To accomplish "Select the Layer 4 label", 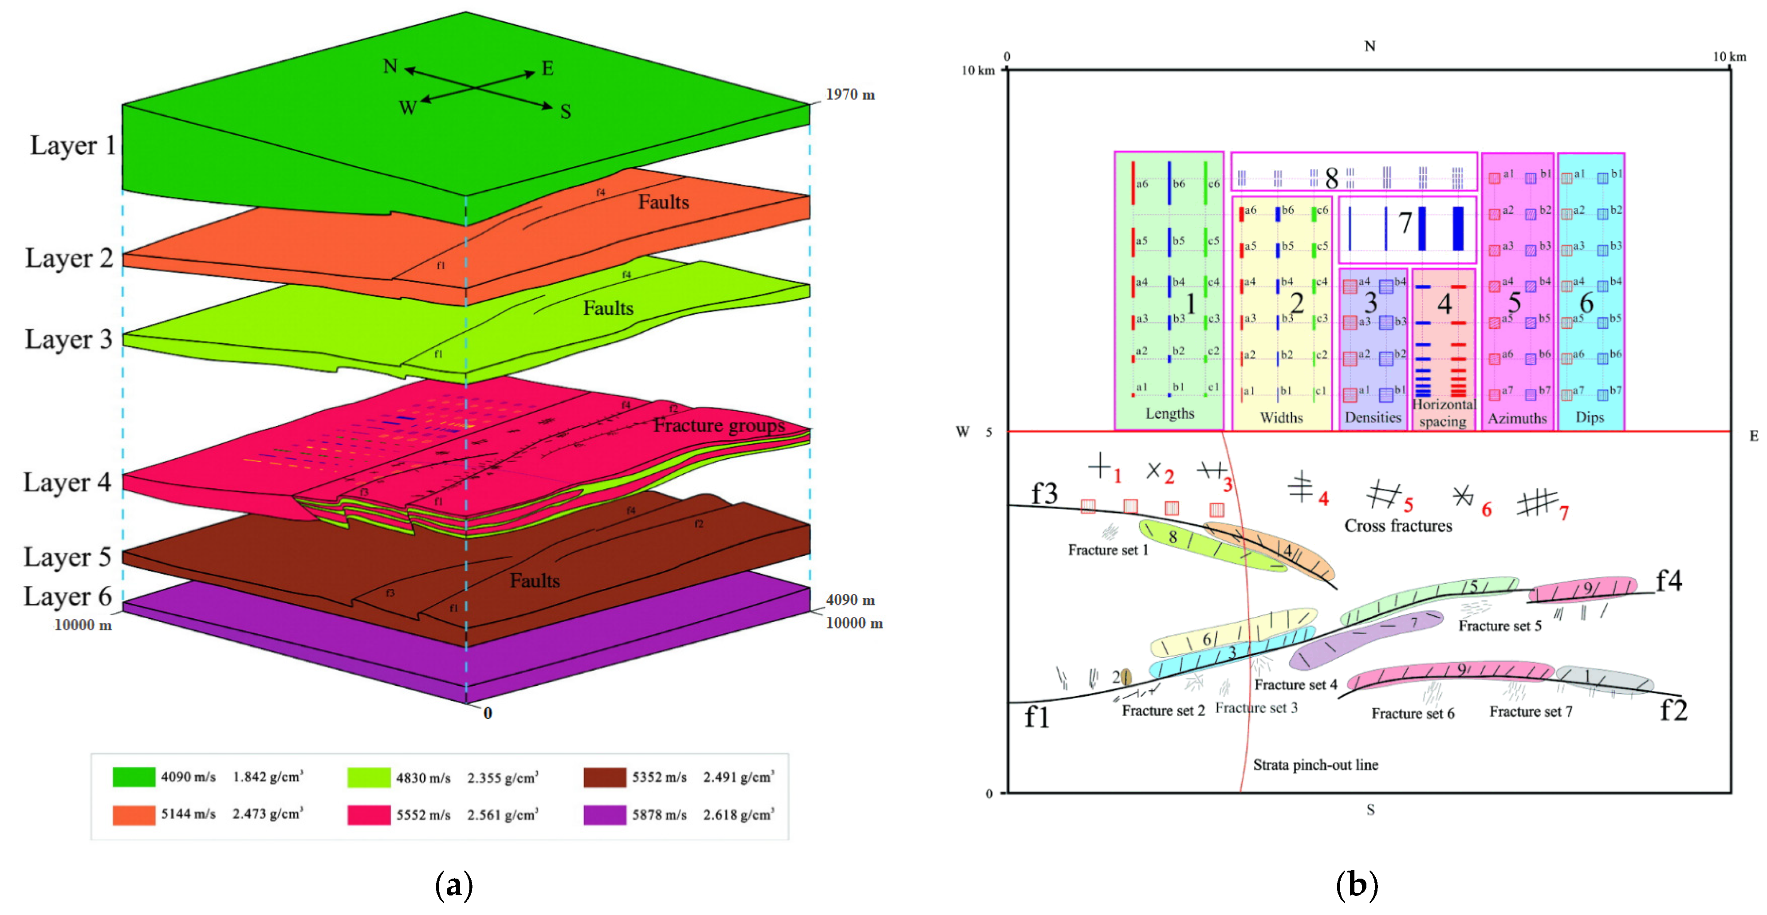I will (67, 482).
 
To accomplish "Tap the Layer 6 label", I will (67, 596).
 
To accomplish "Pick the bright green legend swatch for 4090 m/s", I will (134, 777).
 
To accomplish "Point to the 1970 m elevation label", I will (850, 94).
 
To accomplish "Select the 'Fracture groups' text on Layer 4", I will (718, 425).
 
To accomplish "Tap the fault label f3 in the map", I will (1044, 493).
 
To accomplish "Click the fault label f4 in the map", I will (1668, 581).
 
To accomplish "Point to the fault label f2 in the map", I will (1673, 710).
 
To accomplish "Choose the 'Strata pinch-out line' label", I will (1315, 765).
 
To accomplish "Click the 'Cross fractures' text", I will (1398, 526).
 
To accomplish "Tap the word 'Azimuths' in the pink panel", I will (1517, 418).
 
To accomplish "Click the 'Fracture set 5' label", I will (1499, 625).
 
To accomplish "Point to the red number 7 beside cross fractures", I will (1564, 512).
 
